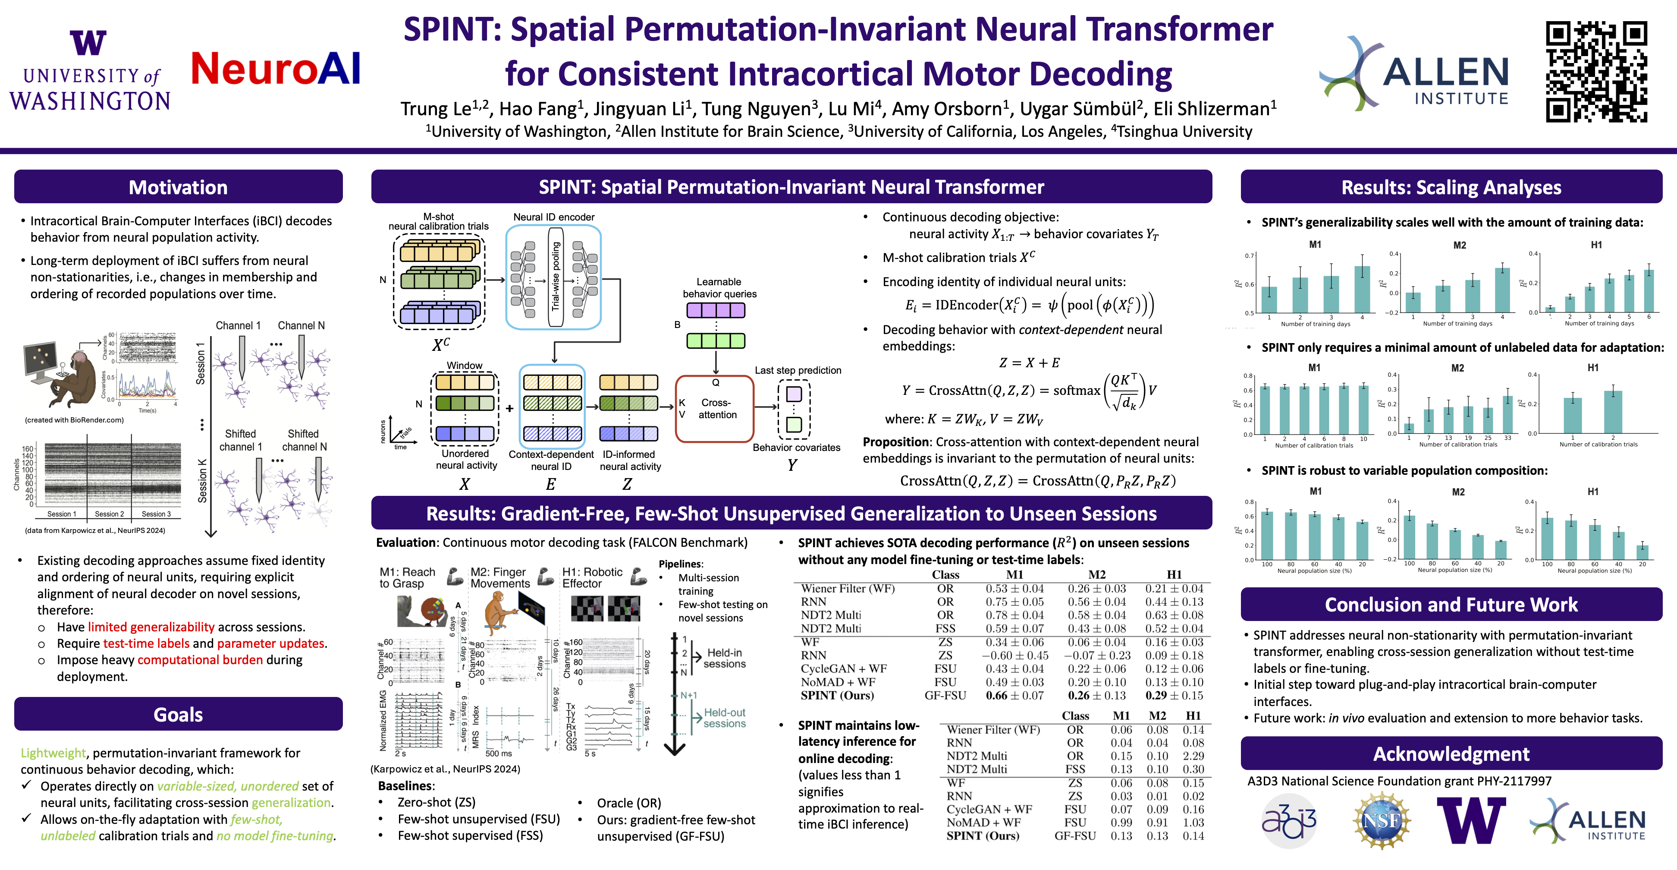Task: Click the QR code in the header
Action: [x=1596, y=72]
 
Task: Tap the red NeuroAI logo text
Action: [x=275, y=69]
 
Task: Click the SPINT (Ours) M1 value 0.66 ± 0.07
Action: [x=1014, y=696]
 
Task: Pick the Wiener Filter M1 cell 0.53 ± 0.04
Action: [x=1014, y=589]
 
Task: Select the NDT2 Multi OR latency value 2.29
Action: [x=1193, y=756]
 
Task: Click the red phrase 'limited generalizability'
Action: [x=151, y=627]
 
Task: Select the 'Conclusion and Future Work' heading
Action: [x=1451, y=605]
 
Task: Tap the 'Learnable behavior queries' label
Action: [x=719, y=288]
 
